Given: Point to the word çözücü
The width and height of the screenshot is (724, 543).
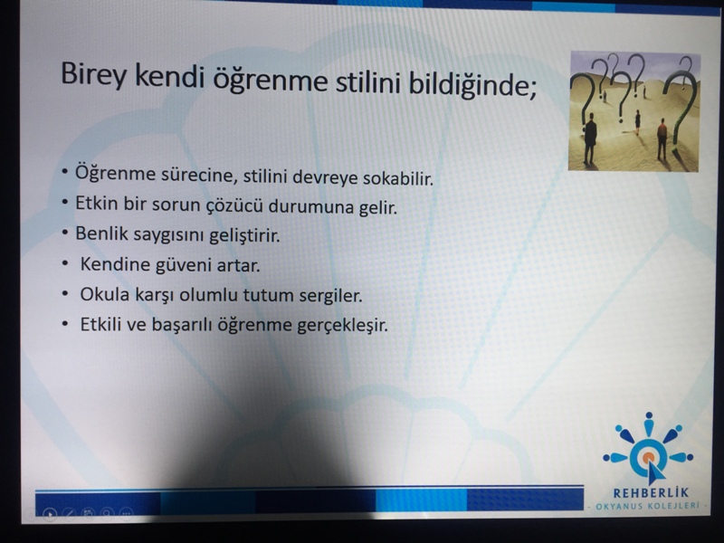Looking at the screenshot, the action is [x=233, y=206].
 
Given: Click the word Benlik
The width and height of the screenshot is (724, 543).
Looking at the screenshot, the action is [x=101, y=233].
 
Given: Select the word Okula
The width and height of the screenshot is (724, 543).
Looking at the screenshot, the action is [x=105, y=294].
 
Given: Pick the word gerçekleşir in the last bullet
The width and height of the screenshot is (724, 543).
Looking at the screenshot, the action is [x=342, y=326].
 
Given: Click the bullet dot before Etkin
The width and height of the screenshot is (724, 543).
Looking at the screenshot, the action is [x=65, y=202].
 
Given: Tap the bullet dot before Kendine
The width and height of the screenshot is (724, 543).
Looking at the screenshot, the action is [x=65, y=263].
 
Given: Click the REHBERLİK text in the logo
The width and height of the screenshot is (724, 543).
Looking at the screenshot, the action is [x=651, y=493].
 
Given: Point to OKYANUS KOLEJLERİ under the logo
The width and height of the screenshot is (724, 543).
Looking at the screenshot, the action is [x=648, y=506].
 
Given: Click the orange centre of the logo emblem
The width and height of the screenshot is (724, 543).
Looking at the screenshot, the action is [x=648, y=457].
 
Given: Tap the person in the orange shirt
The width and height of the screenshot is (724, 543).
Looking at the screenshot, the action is [x=662, y=139].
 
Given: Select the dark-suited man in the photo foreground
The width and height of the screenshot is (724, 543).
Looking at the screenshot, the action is [x=590, y=139].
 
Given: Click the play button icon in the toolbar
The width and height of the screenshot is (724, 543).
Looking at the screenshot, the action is [x=50, y=513].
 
